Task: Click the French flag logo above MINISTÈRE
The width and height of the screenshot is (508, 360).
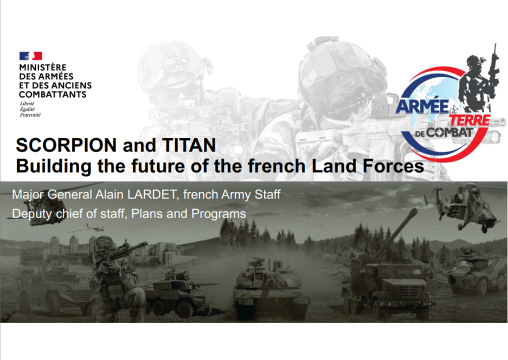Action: click(30, 56)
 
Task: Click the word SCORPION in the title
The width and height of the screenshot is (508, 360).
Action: click(66, 145)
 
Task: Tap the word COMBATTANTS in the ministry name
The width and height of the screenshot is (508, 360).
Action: click(52, 94)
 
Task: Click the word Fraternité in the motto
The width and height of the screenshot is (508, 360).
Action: click(30, 115)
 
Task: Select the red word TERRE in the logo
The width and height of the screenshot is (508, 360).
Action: click(470, 120)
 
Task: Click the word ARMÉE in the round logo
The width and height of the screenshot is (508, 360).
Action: click(422, 107)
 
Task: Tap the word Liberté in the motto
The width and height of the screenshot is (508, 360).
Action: click(27, 104)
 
